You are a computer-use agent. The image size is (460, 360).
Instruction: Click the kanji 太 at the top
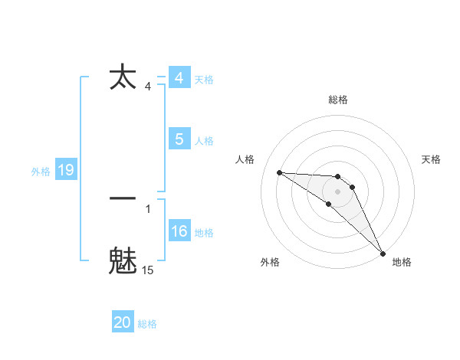click(123, 77)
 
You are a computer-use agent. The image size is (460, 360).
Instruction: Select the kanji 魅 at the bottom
click(123, 260)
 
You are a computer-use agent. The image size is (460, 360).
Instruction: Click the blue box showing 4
click(179, 78)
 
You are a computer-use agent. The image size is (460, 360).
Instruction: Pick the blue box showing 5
click(179, 139)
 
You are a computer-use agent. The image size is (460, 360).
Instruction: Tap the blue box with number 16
click(179, 231)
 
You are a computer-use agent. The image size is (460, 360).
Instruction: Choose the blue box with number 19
click(66, 170)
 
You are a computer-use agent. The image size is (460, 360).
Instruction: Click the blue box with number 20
click(123, 322)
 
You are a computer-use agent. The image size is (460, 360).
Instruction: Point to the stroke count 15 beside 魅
click(148, 270)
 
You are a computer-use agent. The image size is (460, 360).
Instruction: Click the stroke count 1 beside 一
click(148, 208)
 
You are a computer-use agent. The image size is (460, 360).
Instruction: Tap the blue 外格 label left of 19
click(41, 172)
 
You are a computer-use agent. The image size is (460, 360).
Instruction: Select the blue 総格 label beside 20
click(147, 324)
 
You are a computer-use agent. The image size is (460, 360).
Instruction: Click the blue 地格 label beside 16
click(204, 233)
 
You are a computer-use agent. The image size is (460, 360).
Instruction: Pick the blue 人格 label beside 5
click(204, 141)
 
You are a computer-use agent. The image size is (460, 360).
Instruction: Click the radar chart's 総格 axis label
click(338, 100)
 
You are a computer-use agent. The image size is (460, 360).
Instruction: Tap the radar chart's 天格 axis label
click(432, 159)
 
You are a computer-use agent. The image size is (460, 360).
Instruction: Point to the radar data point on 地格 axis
click(383, 253)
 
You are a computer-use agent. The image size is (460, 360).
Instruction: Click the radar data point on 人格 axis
click(279, 172)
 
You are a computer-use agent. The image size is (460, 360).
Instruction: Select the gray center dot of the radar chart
click(338, 191)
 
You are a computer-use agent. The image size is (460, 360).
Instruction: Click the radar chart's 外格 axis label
click(269, 262)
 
